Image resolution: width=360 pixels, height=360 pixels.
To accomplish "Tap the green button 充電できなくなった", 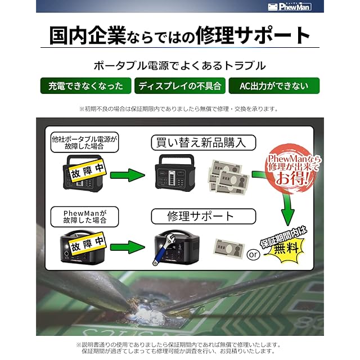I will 85,86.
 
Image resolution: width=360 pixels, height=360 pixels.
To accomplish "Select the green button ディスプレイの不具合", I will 180,86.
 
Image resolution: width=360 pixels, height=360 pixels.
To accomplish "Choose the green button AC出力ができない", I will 274,86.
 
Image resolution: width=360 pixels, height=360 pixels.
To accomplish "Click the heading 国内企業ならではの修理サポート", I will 180,35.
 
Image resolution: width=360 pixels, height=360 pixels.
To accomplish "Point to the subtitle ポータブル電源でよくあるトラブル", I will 180,65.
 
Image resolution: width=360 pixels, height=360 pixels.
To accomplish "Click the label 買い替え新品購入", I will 203,142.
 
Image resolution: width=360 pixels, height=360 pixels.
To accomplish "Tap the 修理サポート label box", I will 204,216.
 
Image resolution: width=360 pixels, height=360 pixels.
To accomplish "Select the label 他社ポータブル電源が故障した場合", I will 85,143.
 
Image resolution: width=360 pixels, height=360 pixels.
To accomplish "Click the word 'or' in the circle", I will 254,254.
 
